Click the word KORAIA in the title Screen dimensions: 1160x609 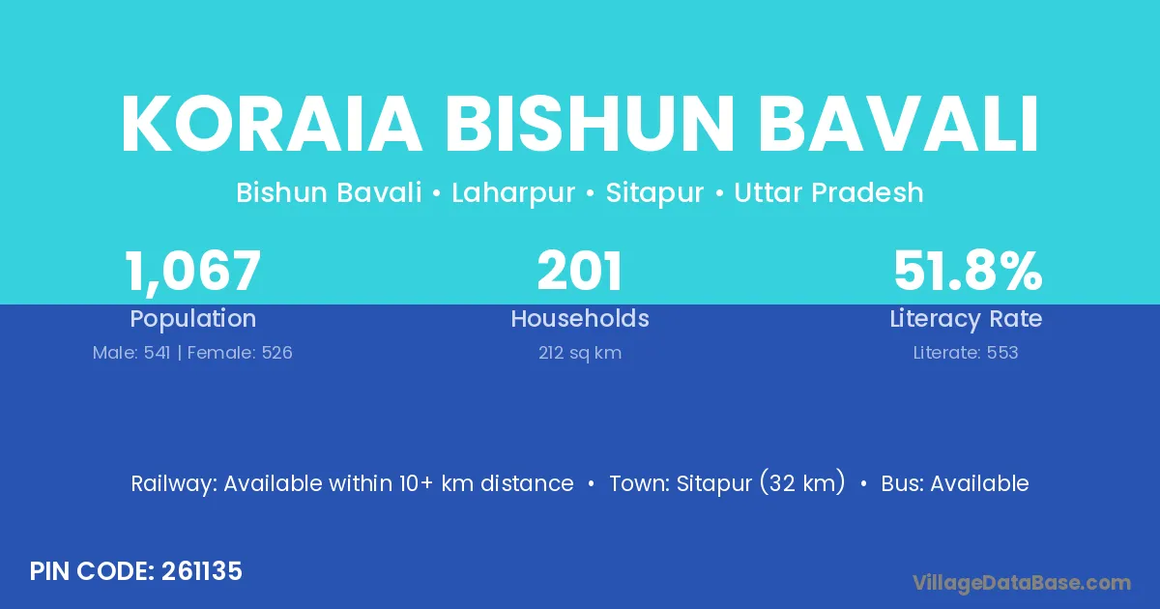click(x=272, y=124)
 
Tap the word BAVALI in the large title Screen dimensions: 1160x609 click(x=898, y=124)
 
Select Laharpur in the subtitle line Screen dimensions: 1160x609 click(x=513, y=192)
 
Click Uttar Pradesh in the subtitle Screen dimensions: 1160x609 click(x=828, y=192)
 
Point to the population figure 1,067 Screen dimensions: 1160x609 click(x=192, y=272)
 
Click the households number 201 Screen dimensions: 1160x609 click(x=579, y=271)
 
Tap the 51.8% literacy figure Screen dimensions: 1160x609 click(x=968, y=271)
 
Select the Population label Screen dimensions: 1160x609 click(x=192, y=319)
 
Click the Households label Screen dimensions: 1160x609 click(x=580, y=318)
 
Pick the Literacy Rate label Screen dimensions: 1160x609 click(x=966, y=319)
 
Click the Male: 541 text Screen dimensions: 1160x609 click(x=131, y=353)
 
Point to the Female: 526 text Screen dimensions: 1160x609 click(x=240, y=353)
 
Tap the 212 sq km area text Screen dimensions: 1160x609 click(x=580, y=353)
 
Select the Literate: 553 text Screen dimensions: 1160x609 click(x=966, y=353)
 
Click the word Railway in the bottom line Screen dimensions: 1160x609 click(x=174, y=484)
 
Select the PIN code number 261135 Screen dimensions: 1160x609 click(x=202, y=571)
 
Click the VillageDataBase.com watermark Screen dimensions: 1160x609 click(x=1021, y=583)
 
